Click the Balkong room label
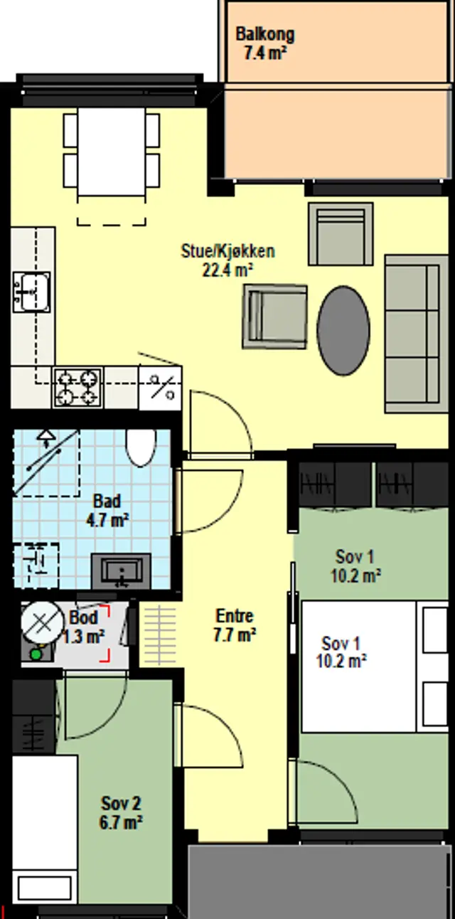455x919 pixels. (264, 34)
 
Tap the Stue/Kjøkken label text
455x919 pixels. (228, 251)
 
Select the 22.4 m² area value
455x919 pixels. (227, 270)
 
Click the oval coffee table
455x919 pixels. (343, 331)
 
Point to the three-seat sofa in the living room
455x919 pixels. (416, 334)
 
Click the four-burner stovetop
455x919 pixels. (78, 388)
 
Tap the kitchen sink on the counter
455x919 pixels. (31, 292)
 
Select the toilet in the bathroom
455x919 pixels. (141, 447)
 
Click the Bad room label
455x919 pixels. (107, 501)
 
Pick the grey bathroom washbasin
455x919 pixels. (121, 571)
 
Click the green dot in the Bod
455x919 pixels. (36, 654)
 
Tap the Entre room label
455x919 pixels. (235, 616)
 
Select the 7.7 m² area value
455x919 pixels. (235, 634)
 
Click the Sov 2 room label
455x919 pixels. (121, 803)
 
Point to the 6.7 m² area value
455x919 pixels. (121, 822)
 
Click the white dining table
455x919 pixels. (112, 152)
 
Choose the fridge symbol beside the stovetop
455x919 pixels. (161, 388)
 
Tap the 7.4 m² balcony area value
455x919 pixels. (264, 53)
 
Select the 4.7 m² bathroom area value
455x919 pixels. (107, 520)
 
